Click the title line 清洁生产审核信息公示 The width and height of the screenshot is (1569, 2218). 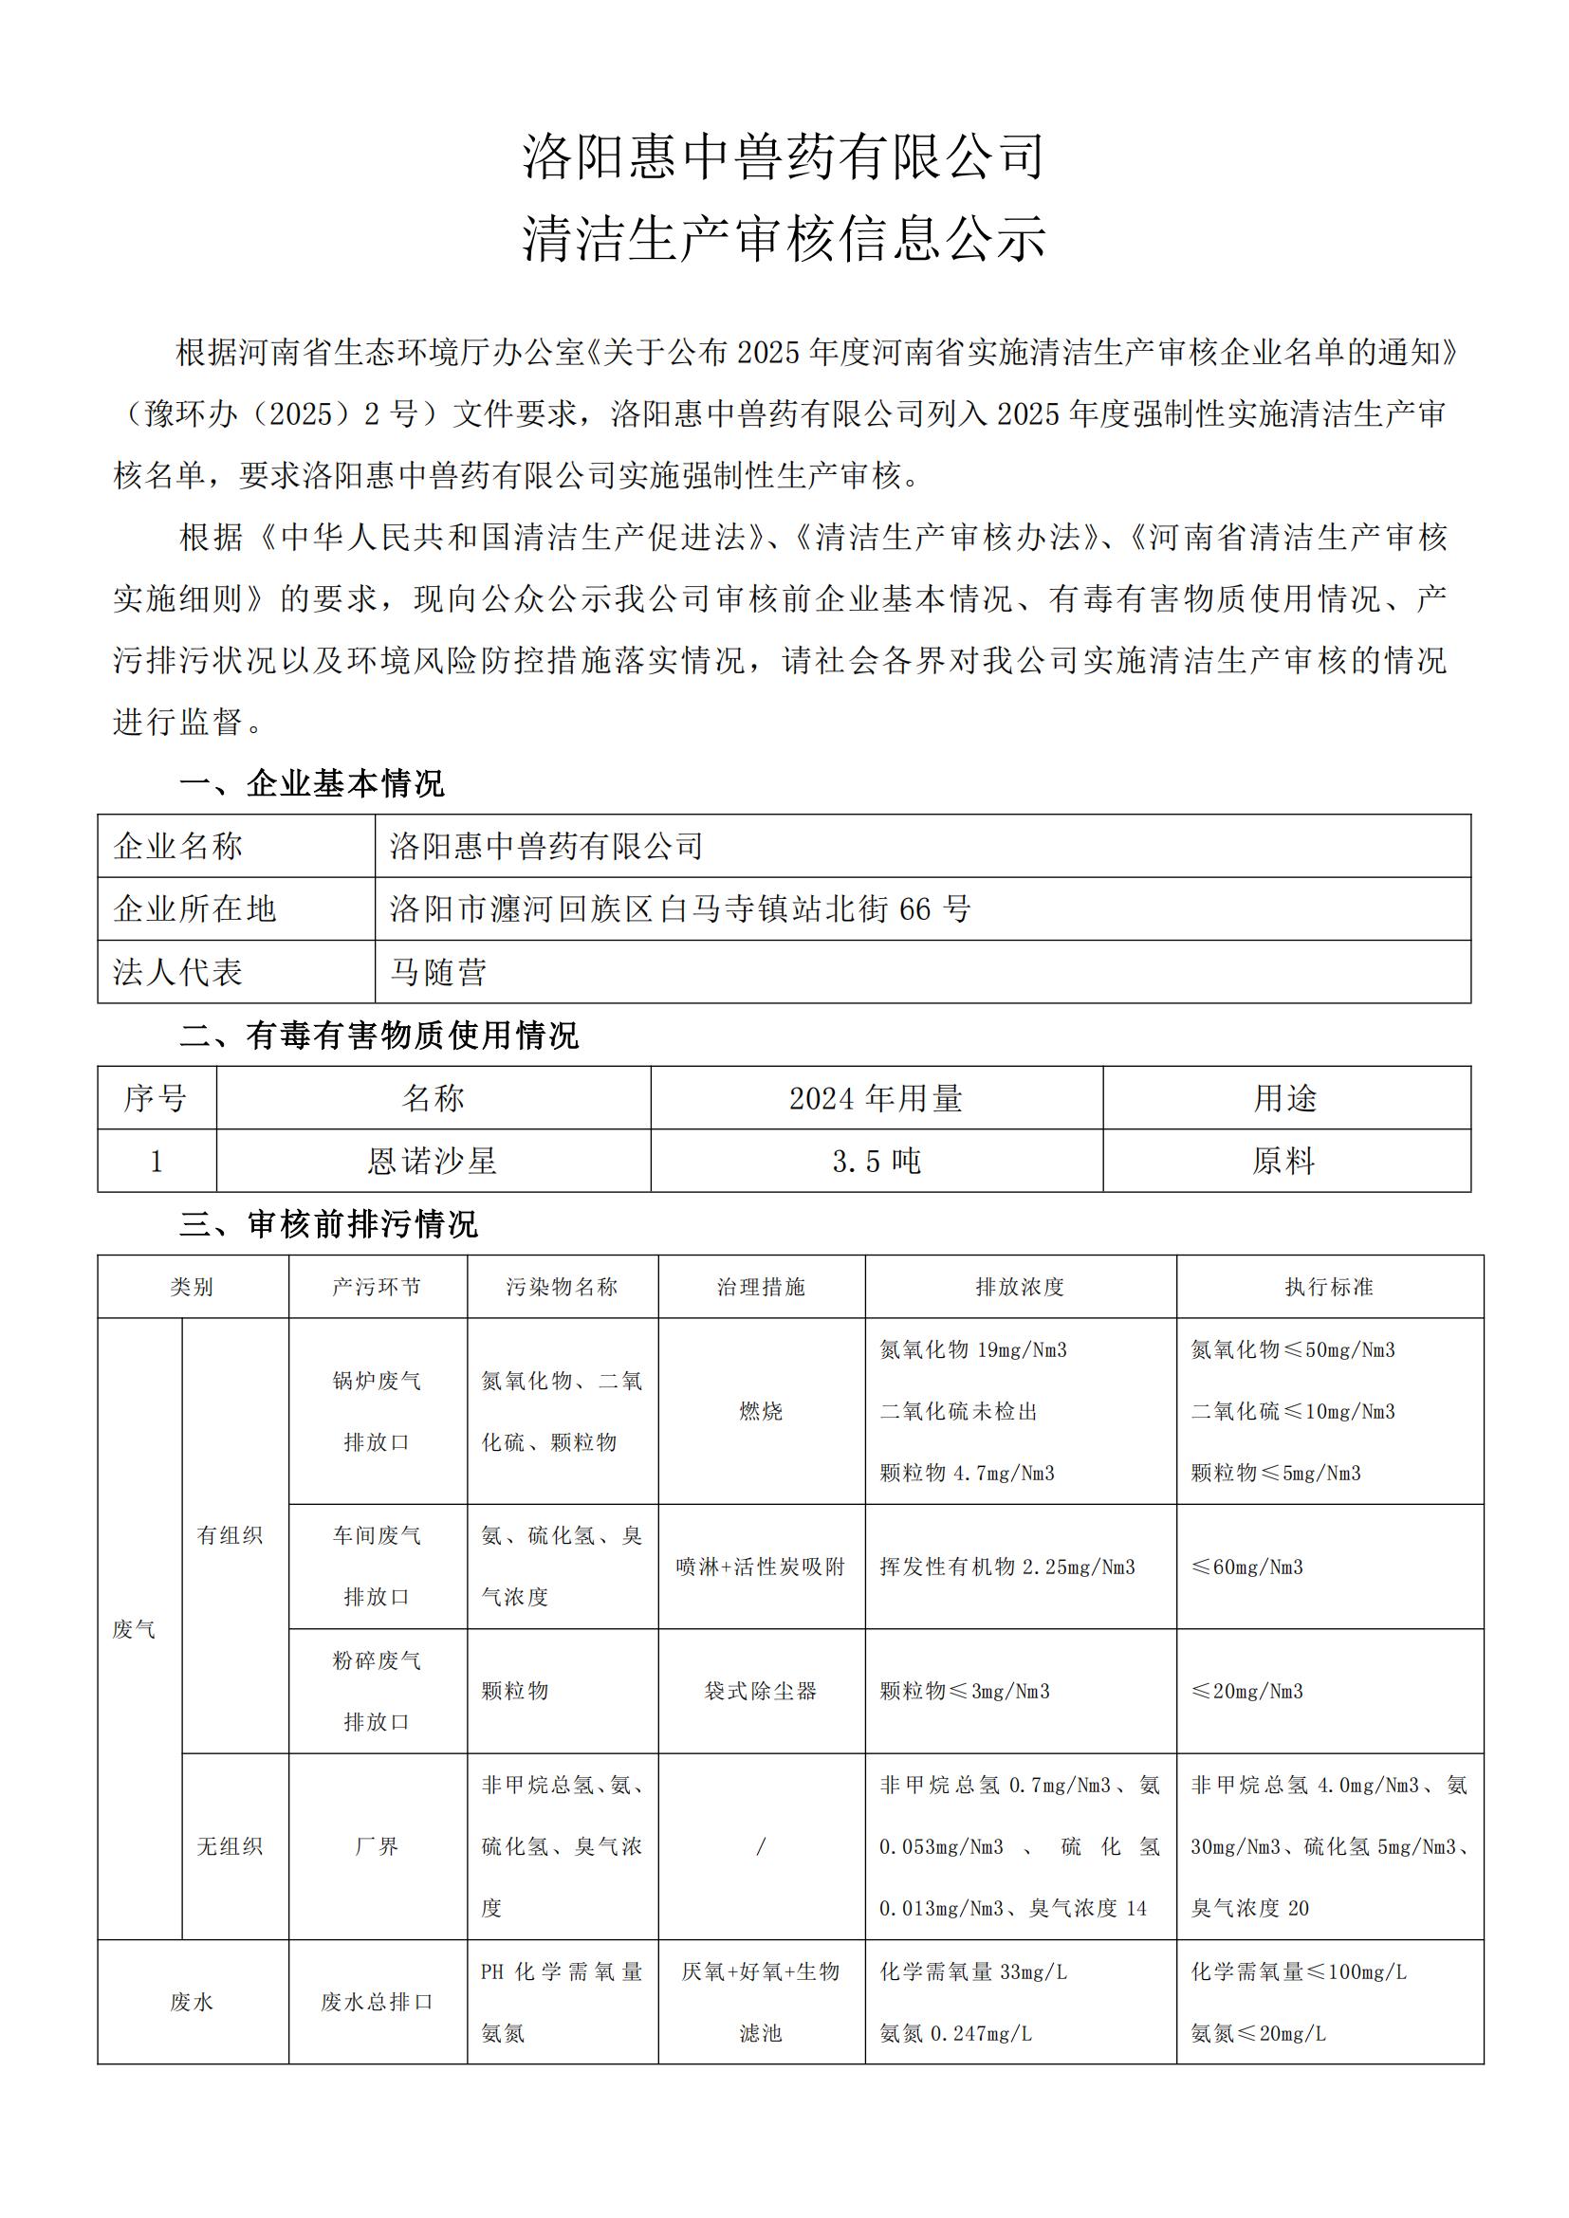click(784, 238)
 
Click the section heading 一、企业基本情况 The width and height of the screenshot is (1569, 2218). click(312, 783)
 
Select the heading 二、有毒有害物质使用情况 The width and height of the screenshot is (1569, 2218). click(378, 1036)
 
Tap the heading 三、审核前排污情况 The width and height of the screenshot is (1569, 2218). click(328, 1224)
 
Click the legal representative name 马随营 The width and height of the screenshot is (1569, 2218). click(437, 972)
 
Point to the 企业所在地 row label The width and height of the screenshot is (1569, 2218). click(194, 909)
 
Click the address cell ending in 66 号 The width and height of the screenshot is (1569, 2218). click(680, 909)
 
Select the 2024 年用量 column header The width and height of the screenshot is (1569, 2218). click(876, 1098)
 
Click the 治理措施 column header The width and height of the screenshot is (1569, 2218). click(761, 1287)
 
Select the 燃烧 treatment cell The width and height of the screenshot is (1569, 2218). click(761, 1411)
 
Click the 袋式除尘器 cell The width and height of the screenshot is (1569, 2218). click(761, 1691)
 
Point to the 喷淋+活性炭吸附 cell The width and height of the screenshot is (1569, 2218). click(761, 1567)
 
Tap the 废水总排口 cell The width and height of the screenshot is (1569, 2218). click(377, 2003)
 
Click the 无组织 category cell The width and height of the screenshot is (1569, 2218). click(230, 1846)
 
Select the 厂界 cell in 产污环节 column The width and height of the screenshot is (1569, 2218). click(377, 1846)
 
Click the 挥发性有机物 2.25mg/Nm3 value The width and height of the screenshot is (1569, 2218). click(1006, 1567)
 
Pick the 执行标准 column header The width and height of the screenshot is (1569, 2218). click(1328, 1287)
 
